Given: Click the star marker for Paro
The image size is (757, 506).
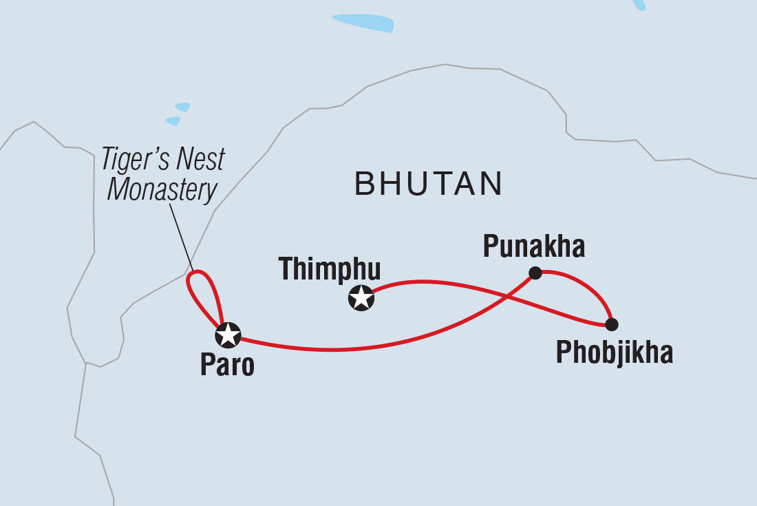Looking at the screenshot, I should [x=228, y=335].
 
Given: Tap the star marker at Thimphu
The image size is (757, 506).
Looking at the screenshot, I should [x=361, y=298].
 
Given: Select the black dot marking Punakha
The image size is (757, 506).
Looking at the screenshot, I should [x=535, y=273].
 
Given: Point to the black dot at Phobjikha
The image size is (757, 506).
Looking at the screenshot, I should [x=611, y=324].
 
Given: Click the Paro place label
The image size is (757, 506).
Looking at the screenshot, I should [x=227, y=366].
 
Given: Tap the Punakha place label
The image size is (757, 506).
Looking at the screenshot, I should [x=533, y=246].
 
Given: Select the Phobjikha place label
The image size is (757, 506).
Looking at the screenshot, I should [x=614, y=353].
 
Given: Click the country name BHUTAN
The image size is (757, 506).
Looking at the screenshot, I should [x=428, y=184].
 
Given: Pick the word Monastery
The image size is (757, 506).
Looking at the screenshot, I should [x=162, y=190].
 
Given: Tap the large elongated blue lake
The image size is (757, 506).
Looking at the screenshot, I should [x=363, y=23].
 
